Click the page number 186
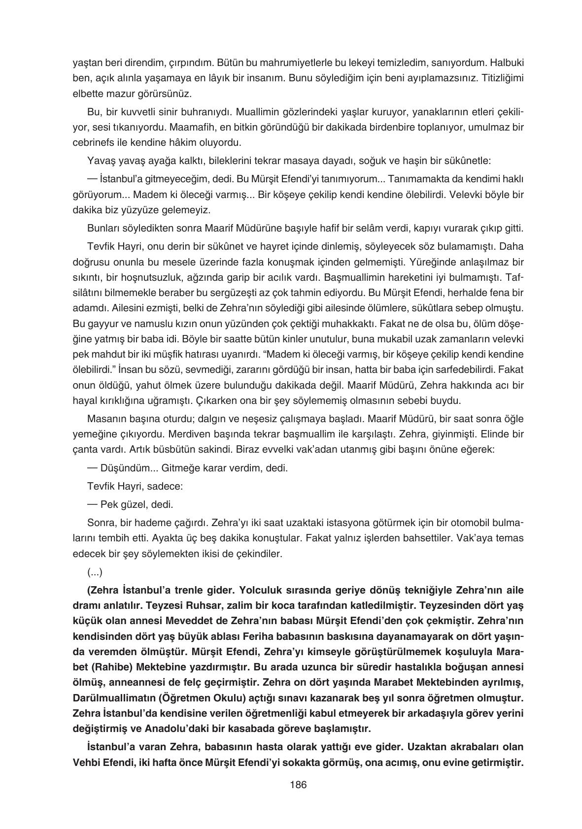tap(298, 785)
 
